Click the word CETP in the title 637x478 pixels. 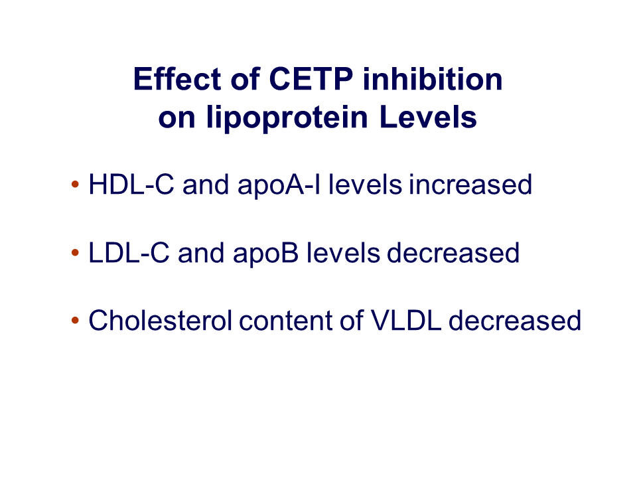pyautogui.click(x=311, y=79)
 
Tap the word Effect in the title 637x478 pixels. pyautogui.click(x=177, y=79)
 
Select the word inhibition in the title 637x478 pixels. pyautogui.click(x=433, y=79)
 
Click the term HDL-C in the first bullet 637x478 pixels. pyautogui.click(x=131, y=185)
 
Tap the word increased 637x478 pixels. pyautogui.click(x=470, y=185)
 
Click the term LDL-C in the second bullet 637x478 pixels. pyautogui.click(x=129, y=253)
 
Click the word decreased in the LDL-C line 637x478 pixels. pyautogui.click(x=453, y=253)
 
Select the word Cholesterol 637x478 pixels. pyautogui.click(x=161, y=320)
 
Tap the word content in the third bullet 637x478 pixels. pyautogui.click(x=286, y=320)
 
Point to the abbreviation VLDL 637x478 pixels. pyautogui.click(x=406, y=320)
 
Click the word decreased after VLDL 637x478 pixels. pyautogui.click(x=515, y=320)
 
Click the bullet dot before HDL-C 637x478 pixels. pyautogui.click(x=75, y=185)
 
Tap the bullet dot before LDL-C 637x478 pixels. pyautogui.click(x=75, y=253)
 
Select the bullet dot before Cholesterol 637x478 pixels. pyautogui.click(x=75, y=320)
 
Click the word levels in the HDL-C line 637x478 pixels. pyautogui.click(x=365, y=185)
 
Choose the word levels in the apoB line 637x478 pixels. pyautogui.click(x=343, y=253)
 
